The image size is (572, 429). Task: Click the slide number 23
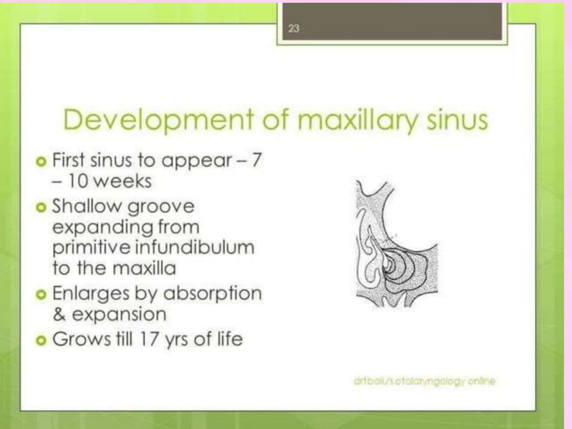[293, 28]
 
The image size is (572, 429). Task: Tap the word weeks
[123, 181]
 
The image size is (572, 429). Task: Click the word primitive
[91, 247]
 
